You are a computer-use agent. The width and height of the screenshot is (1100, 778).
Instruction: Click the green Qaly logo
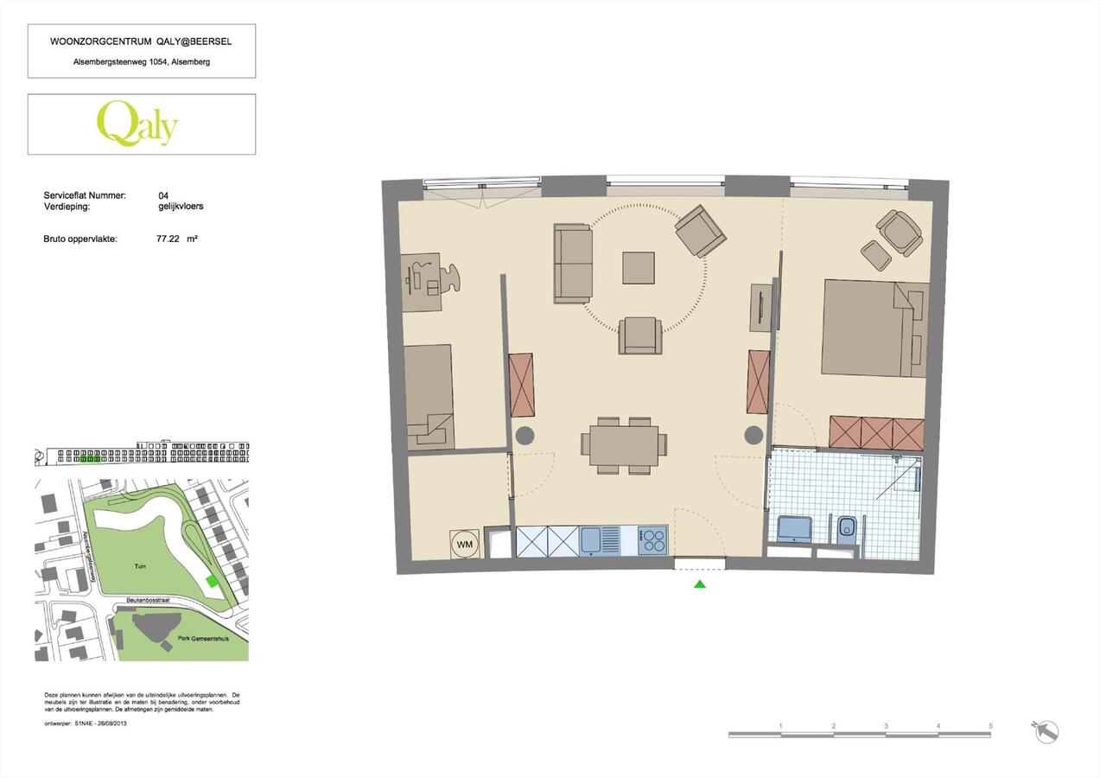[x=137, y=124]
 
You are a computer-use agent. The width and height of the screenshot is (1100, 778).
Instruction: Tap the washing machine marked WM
[x=464, y=544]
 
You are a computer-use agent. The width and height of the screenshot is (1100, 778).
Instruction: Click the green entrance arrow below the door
[x=700, y=584]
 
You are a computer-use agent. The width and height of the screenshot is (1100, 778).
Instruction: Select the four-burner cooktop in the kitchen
[x=652, y=541]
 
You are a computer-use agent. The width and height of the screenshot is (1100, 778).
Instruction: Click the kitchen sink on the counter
[x=593, y=541]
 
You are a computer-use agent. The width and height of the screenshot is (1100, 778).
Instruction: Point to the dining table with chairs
[x=624, y=444]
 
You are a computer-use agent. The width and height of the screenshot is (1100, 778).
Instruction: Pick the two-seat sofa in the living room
[x=573, y=263]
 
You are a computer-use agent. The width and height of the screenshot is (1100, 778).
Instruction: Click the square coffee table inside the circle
[x=639, y=267]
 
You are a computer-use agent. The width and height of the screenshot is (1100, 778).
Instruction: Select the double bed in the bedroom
[x=873, y=328]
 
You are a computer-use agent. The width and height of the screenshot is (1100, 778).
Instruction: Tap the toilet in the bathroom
[x=846, y=528]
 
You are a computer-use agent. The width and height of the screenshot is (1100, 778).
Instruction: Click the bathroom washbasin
[x=795, y=528]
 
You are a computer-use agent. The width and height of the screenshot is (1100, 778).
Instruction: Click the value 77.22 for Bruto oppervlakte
[x=168, y=239]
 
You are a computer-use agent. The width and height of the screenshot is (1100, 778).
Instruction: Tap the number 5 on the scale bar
[x=990, y=726]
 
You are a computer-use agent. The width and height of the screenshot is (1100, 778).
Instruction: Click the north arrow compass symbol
[x=1046, y=731]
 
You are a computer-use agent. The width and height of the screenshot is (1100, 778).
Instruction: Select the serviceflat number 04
[x=163, y=196]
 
